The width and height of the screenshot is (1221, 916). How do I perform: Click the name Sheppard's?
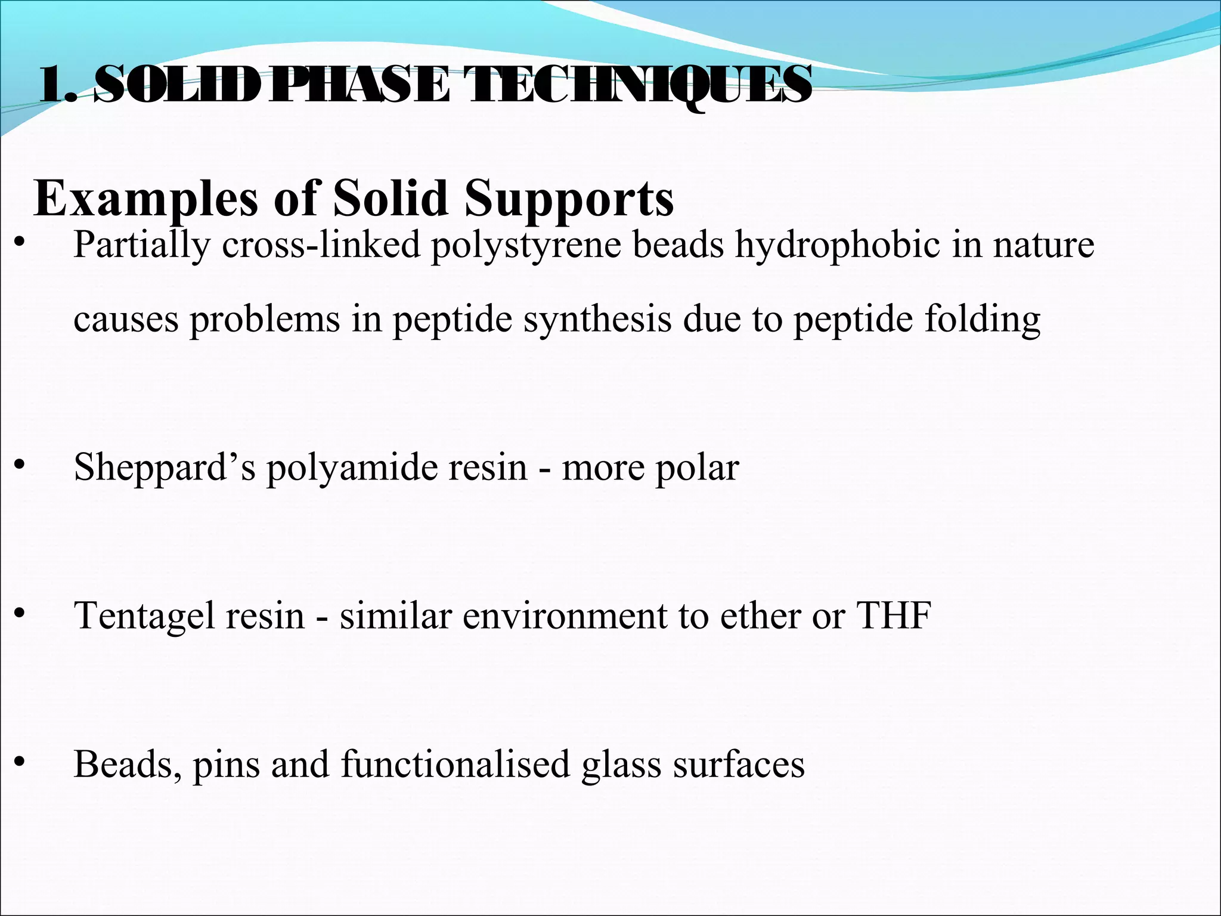pyautogui.click(x=165, y=468)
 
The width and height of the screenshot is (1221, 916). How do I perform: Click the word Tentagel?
pyautogui.click(x=144, y=616)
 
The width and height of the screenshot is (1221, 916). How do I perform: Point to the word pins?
pyautogui.click(x=226, y=765)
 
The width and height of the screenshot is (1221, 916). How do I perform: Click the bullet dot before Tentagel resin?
pyautogui.click(x=20, y=612)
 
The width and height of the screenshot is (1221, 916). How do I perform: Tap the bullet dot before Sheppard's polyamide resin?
pyautogui.click(x=20, y=465)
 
